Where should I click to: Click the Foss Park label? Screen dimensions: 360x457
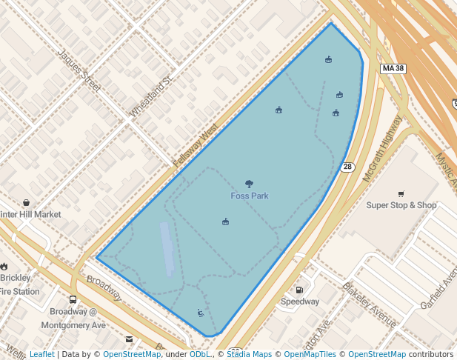pos(249,196)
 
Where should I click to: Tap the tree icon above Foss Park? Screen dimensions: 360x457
pos(249,184)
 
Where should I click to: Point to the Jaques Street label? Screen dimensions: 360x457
pos(78,70)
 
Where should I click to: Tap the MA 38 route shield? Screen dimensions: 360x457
pos(393,69)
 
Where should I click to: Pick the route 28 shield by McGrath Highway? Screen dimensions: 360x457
pos(347,167)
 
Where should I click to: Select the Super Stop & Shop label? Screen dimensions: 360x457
pos(401,205)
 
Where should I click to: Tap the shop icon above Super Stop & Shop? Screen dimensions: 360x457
pos(401,194)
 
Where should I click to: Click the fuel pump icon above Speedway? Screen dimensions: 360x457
pos(299,290)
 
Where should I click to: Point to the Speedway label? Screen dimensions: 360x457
pos(300,301)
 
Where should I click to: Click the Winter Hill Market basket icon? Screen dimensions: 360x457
pos(27,202)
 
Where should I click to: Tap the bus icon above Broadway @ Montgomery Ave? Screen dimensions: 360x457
pos(73,300)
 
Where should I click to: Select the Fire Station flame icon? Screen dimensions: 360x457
pos(4,266)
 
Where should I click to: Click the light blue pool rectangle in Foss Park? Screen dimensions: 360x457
pos(167,248)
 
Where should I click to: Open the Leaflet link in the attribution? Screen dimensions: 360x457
pos(41,354)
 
